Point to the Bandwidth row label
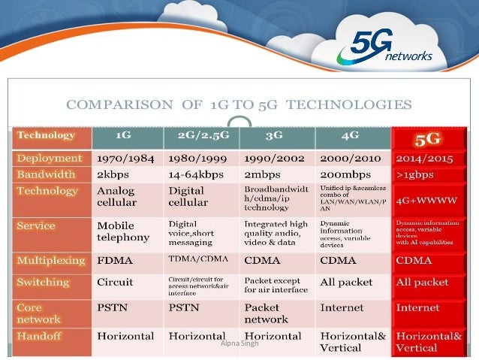point(47,174)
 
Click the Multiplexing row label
point(51,261)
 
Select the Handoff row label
point(41,335)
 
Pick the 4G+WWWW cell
point(427,201)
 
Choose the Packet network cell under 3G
point(267,313)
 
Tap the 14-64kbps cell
point(198,174)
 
